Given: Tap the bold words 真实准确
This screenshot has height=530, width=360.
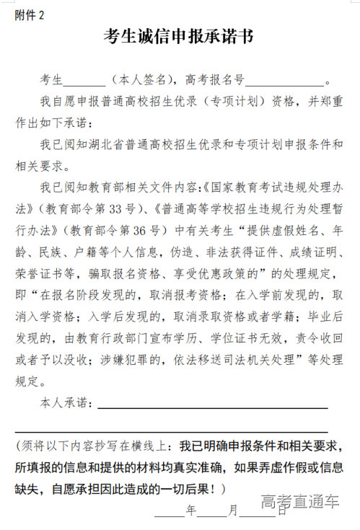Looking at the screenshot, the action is click(216, 467).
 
